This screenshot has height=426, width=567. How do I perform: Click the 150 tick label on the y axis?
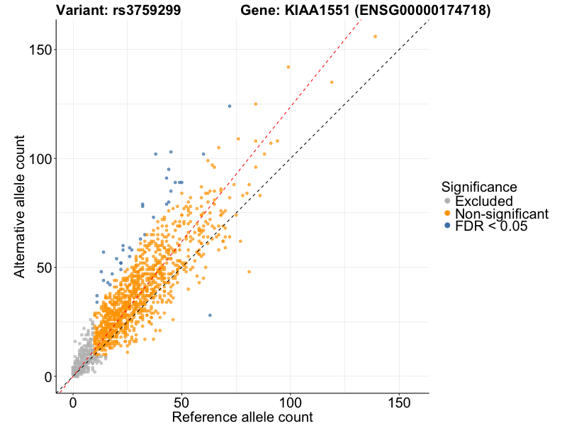coord(40,49)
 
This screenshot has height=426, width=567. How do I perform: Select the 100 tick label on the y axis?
coord(40,158)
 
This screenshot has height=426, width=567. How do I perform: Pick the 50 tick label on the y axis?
coord(44,268)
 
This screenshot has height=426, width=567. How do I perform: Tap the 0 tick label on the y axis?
coord(47,376)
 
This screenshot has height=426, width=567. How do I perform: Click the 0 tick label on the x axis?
coord(73,401)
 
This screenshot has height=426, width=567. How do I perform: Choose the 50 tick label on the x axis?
coord(181,401)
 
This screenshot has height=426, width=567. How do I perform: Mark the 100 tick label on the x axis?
coord(290,401)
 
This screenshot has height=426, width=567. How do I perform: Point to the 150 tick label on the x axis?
coord(398,401)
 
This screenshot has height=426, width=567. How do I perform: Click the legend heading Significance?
coord(479,187)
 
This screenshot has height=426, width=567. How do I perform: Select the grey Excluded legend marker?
coord(447,201)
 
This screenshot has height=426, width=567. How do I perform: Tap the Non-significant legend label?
coord(502,214)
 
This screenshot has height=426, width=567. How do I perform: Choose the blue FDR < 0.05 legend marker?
coord(447,226)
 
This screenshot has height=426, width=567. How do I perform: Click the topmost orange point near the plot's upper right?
coord(375,36)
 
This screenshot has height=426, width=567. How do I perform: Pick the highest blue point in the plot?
coord(230,106)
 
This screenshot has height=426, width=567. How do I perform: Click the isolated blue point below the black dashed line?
coord(210,315)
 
